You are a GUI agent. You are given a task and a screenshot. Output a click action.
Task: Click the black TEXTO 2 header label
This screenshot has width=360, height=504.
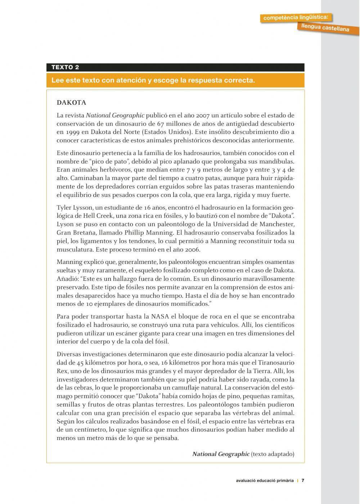click(65, 67)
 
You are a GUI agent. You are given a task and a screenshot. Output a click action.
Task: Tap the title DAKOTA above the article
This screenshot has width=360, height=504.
click(71, 103)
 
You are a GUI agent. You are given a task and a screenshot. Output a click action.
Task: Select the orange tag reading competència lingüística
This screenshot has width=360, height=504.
click(296, 17)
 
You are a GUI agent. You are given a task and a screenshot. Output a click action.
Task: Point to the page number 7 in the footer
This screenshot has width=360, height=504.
click(303, 480)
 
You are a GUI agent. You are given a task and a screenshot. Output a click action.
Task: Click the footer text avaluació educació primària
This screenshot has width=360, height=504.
click(265, 480)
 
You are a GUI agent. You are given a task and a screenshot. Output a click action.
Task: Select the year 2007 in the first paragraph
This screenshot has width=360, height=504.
click(203, 116)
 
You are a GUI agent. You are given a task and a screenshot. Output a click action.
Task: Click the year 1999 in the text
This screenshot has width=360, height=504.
click(72, 132)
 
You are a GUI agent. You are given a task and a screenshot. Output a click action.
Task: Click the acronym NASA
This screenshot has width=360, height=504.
click(160, 316)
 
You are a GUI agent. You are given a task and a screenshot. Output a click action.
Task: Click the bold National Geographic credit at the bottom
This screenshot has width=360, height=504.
click(221, 454)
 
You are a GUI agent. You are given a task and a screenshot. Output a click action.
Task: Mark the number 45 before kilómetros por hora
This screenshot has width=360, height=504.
click(80, 363)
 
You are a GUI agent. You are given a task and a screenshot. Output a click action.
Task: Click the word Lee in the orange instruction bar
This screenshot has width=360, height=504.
click(57, 80)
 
